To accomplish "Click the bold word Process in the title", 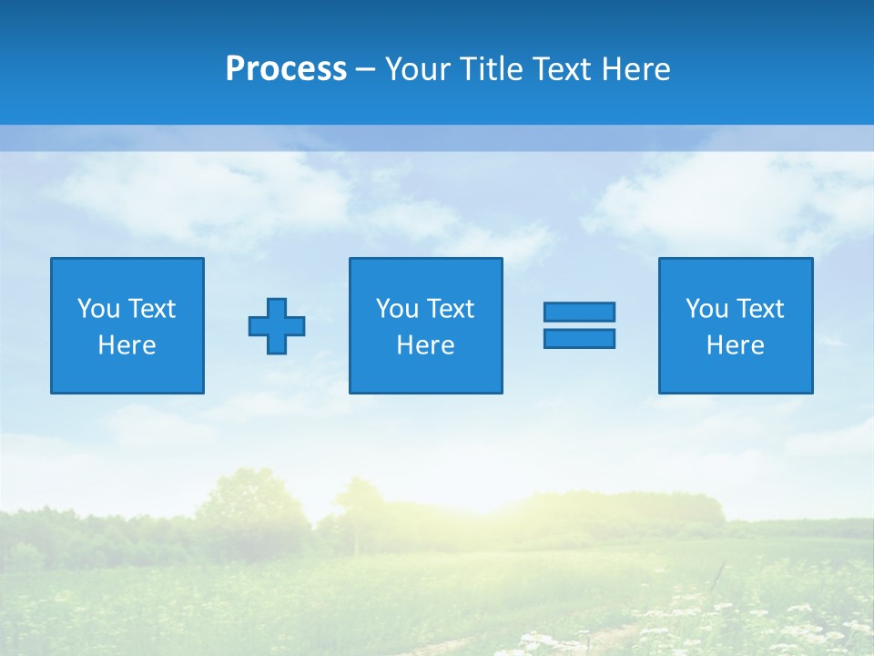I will (286, 69).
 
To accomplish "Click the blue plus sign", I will (277, 325).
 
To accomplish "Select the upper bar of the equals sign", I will (579, 312).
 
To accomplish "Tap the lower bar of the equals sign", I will (579, 338).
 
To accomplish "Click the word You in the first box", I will (98, 309).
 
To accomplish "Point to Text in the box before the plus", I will (151, 309).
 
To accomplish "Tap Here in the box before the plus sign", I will (127, 345).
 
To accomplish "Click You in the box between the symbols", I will (397, 309).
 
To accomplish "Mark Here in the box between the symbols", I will (425, 345).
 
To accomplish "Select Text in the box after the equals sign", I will (759, 309).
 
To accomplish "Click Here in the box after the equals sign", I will (736, 345).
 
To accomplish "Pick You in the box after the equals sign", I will (706, 309).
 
